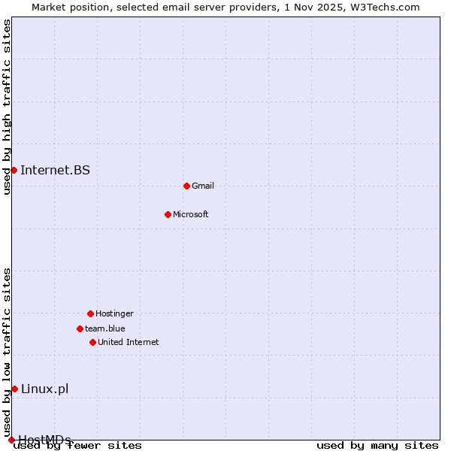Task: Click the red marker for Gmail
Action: [x=186, y=186]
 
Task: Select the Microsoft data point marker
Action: [x=168, y=214]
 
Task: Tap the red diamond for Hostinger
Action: [x=90, y=313]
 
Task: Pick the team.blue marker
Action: [x=80, y=328]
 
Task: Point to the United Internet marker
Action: [x=92, y=342]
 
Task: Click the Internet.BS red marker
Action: [x=14, y=170]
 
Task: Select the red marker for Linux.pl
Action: [x=14, y=389]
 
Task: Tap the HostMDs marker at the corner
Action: [x=11, y=440]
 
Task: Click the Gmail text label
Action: [x=203, y=186]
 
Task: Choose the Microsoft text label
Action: [x=191, y=214]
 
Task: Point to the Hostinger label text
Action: [x=114, y=313]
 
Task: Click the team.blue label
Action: [x=105, y=328]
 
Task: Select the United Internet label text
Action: [x=129, y=342]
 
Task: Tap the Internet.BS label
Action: [x=55, y=170]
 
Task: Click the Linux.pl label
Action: [x=44, y=389]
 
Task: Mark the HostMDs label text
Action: [x=44, y=440]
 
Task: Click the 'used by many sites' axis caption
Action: [x=377, y=446]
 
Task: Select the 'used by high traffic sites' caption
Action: [x=8, y=107]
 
